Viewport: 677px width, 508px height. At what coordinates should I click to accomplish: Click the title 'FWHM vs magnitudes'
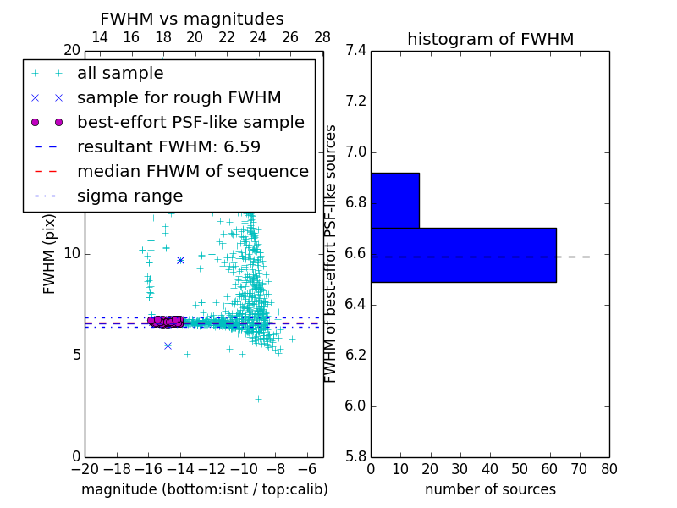click(x=191, y=19)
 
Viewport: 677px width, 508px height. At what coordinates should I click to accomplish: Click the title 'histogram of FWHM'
click(x=490, y=39)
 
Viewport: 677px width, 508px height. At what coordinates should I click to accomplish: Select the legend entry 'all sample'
click(x=120, y=74)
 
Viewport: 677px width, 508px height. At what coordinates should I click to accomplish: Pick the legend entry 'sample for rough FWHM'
click(x=179, y=98)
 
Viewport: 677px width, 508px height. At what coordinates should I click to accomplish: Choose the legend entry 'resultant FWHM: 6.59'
click(x=168, y=147)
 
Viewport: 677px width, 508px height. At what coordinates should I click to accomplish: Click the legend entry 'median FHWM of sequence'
click(x=192, y=172)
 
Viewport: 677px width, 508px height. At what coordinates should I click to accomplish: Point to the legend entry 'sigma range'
click(x=129, y=196)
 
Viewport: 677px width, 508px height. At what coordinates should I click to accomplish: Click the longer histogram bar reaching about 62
click(x=464, y=255)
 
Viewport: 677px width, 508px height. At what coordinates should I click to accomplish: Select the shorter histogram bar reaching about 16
click(x=395, y=201)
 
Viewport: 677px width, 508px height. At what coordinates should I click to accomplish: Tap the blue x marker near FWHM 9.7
click(x=180, y=260)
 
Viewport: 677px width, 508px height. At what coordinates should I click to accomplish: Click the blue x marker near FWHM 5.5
click(x=168, y=345)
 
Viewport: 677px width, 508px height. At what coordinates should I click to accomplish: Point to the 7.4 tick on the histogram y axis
click(x=355, y=51)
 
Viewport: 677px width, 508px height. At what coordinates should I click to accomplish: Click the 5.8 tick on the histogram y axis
click(x=355, y=456)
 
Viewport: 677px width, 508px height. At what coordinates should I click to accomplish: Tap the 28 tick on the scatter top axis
click(x=322, y=37)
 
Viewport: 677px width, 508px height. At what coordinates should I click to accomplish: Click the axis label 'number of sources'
click(x=490, y=489)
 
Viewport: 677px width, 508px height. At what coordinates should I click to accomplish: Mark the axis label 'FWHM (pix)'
click(x=50, y=253)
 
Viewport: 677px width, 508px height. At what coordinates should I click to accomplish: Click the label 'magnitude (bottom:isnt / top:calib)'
click(x=204, y=489)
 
